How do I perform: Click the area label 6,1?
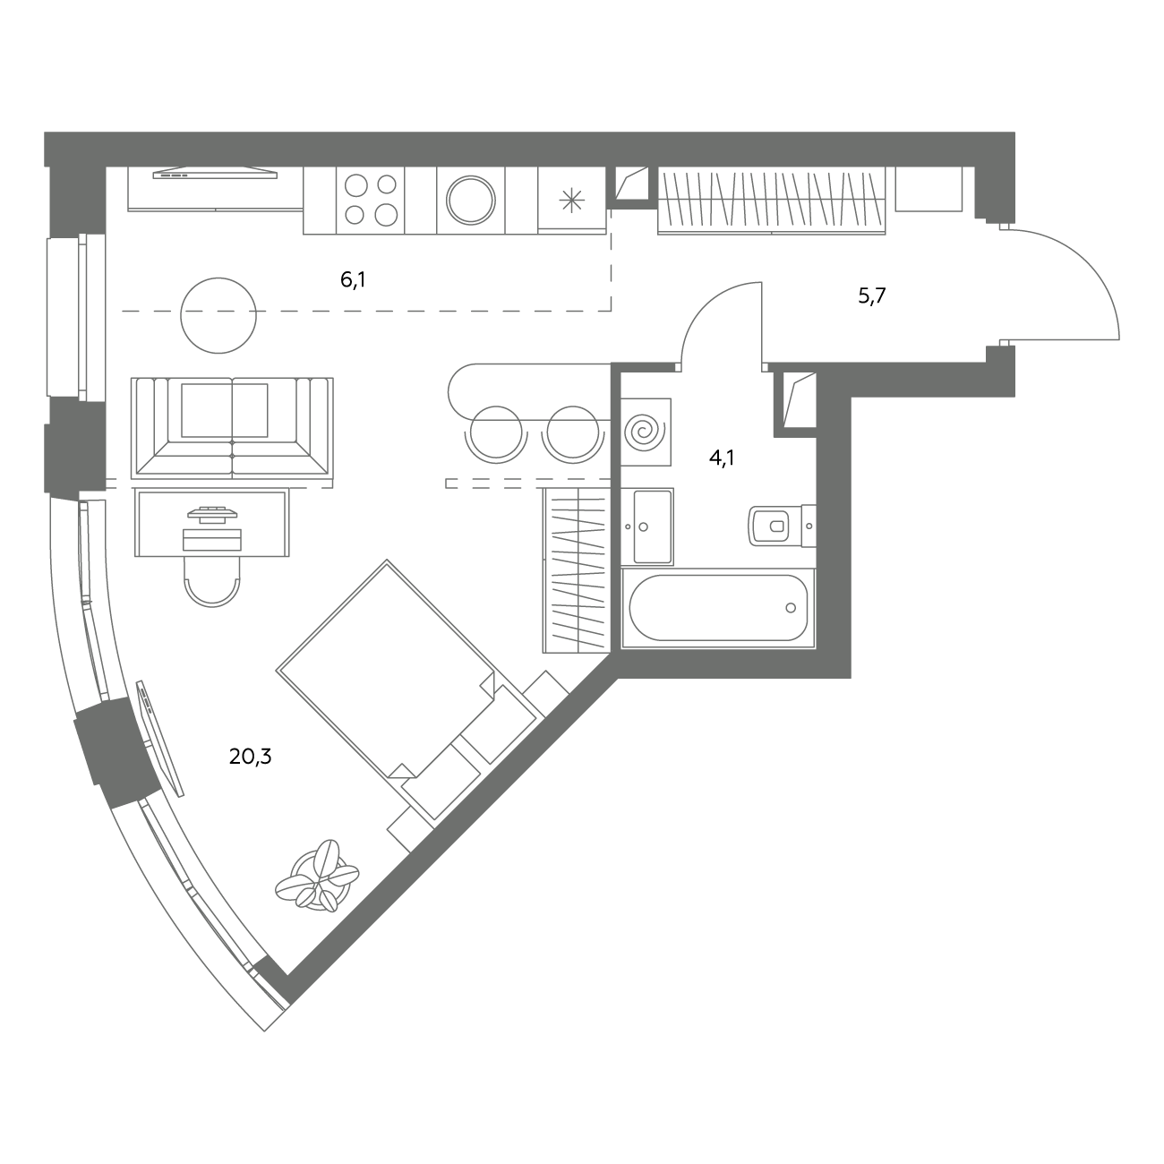(354, 279)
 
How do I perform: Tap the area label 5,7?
(871, 296)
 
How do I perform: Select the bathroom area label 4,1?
(722, 458)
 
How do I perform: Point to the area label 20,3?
(250, 757)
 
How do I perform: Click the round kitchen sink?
(471, 200)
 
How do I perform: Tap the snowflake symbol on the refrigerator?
(571, 201)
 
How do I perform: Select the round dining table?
(218, 315)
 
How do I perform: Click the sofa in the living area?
(232, 428)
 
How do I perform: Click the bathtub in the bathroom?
(718, 608)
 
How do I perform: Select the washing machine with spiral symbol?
(646, 432)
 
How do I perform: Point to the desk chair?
(212, 582)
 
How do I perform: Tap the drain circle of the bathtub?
(791, 608)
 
